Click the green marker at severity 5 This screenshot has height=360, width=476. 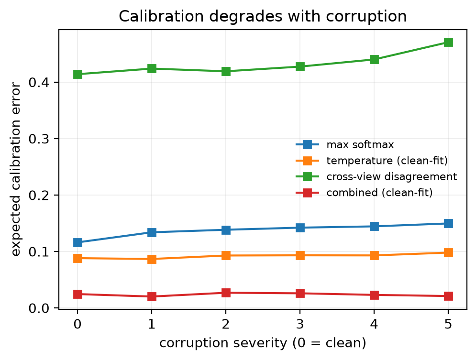tap(448, 42)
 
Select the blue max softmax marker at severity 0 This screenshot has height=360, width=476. tap(77, 242)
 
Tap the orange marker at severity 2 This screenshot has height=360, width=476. tap(226, 255)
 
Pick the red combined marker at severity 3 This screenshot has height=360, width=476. tap(300, 293)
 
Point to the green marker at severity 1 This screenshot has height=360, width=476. tap(152, 68)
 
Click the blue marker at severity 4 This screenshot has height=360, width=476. tap(374, 226)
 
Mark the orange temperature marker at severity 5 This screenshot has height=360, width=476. tap(448, 252)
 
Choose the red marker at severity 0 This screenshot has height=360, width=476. tap(77, 294)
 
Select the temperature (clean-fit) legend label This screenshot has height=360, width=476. tap(387, 161)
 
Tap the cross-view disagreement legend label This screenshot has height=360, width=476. tap(392, 176)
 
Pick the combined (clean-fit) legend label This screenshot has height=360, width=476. tap(379, 193)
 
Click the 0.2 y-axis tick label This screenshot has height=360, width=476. tap(39, 195)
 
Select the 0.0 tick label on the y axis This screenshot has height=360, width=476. tap(39, 308)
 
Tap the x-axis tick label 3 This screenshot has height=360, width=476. tap(300, 324)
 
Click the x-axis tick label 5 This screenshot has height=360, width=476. tap(448, 324)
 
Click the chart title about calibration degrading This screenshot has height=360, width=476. tap(263, 16)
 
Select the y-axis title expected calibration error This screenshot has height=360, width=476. tap(15, 170)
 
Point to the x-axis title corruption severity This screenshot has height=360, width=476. tap(263, 343)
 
